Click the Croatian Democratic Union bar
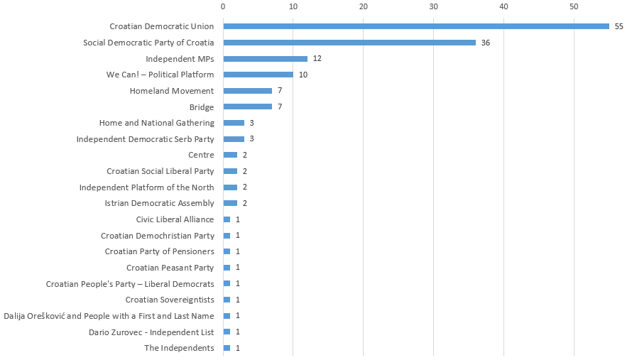[415, 26]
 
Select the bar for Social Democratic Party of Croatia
[349, 43]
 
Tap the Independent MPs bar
[265, 59]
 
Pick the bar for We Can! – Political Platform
[258, 75]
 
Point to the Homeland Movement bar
[247, 91]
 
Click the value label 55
[619, 26]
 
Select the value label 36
[485, 43]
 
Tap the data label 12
[317, 59]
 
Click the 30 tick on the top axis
[433, 6]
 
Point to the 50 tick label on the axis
[574, 6]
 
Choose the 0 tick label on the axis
[223, 6]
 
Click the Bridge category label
[202, 107]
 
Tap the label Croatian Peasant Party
[170, 268]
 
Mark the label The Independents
[179, 348]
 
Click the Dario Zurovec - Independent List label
[151, 332]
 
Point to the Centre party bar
[230, 155]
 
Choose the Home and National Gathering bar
[234, 123]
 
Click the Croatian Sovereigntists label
[170, 300]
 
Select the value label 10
[303, 75]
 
